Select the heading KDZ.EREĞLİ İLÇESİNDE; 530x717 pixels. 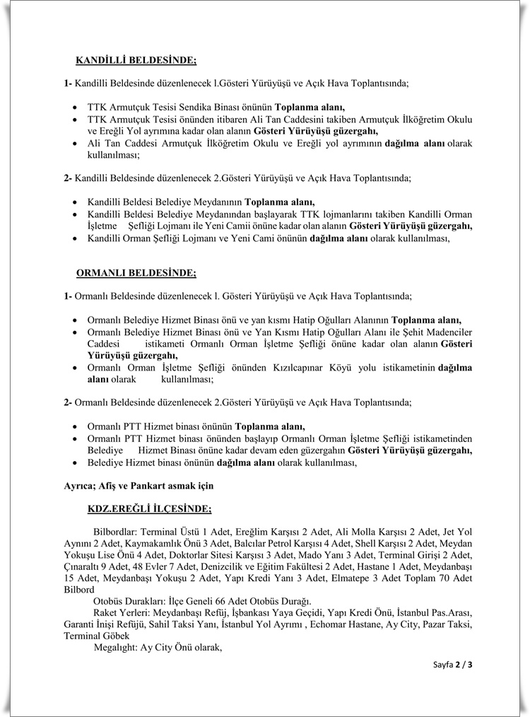[x=149, y=508]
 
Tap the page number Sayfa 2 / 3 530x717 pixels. [x=453, y=664]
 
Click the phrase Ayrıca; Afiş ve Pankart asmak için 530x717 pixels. [x=139, y=486]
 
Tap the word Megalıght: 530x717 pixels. [x=116, y=647]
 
